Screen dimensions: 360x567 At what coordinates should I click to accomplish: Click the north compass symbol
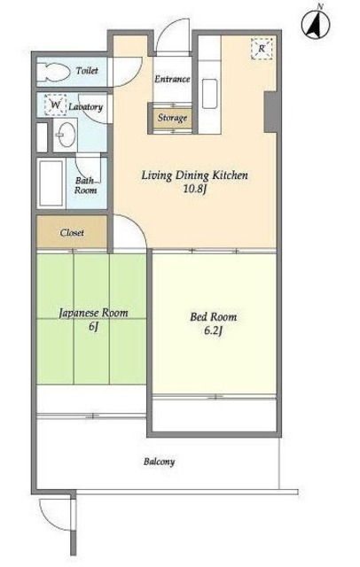click(316, 24)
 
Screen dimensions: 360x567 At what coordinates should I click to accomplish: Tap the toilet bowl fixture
click(53, 72)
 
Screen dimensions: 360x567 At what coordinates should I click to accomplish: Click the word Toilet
click(87, 70)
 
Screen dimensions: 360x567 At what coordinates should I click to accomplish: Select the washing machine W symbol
click(55, 105)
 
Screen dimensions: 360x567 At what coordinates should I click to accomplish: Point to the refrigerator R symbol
click(262, 49)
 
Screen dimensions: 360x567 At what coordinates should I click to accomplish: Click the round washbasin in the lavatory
click(67, 135)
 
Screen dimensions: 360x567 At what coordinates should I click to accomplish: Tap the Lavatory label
click(86, 106)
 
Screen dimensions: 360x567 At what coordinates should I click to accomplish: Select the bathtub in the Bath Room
click(51, 183)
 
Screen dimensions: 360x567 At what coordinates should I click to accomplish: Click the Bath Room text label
click(86, 185)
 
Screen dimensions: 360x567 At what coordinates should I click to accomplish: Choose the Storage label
click(172, 118)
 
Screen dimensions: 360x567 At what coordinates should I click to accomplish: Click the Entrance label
click(172, 79)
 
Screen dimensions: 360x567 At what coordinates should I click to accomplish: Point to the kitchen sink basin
click(209, 94)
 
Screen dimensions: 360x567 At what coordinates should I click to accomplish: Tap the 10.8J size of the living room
click(195, 190)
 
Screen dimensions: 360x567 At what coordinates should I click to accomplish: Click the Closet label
click(73, 232)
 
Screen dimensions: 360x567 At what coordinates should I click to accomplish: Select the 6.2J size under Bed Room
click(213, 330)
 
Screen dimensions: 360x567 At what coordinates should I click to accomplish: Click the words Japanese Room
click(93, 313)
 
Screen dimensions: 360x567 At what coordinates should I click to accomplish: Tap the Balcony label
click(160, 462)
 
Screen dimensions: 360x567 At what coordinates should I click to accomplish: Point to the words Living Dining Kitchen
click(195, 175)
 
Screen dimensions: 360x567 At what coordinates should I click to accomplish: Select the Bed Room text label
click(214, 317)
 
